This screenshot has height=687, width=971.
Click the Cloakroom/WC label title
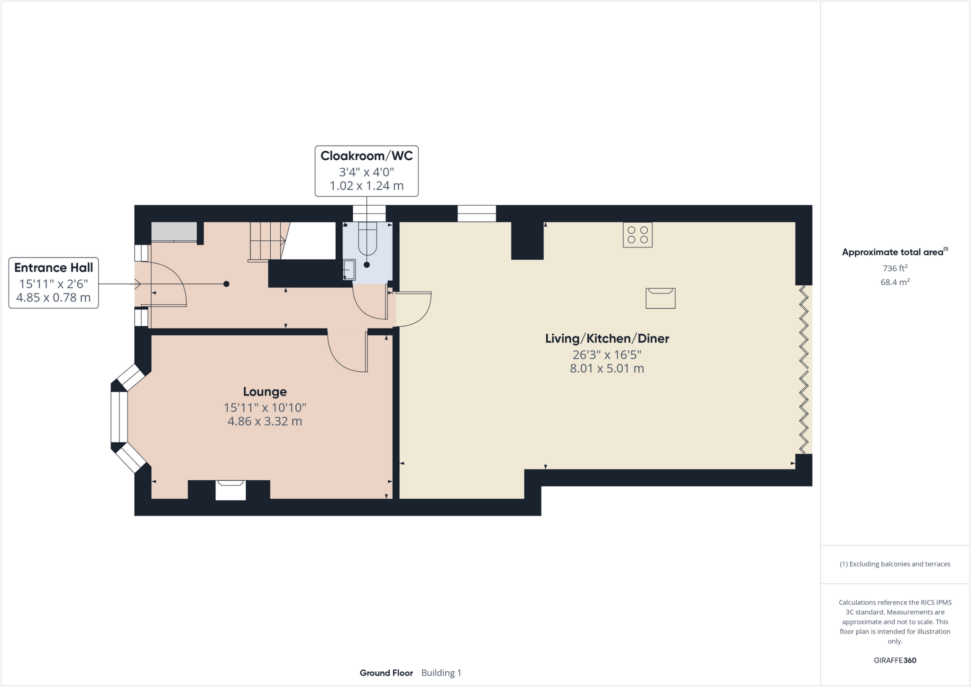pyautogui.click(x=366, y=156)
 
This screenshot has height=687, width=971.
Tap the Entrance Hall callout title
pyautogui.click(x=54, y=268)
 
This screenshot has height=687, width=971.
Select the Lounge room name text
pyautogui.click(x=265, y=392)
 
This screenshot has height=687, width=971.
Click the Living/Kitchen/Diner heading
pyautogui.click(x=607, y=339)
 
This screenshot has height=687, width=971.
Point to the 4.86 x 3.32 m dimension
pyautogui.click(x=265, y=421)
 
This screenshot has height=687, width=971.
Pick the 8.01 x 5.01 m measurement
pyautogui.click(x=607, y=368)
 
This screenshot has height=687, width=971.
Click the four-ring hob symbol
pyautogui.click(x=637, y=235)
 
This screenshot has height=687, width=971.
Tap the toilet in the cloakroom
pyautogui.click(x=367, y=239)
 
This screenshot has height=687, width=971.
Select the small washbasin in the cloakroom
pyautogui.click(x=349, y=270)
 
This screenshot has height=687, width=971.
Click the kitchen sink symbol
pyautogui.click(x=660, y=298)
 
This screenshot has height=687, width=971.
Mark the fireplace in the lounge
pyautogui.click(x=230, y=490)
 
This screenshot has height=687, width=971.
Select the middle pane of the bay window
pyautogui.click(x=119, y=417)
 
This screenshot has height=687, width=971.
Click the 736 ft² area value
pyautogui.click(x=895, y=268)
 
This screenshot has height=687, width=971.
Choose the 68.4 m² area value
pyautogui.click(x=895, y=282)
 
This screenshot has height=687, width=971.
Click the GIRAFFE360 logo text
pyautogui.click(x=895, y=660)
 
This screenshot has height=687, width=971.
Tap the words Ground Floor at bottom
pyautogui.click(x=386, y=673)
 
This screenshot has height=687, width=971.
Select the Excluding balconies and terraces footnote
pyautogui.click(x=895, y=564)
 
